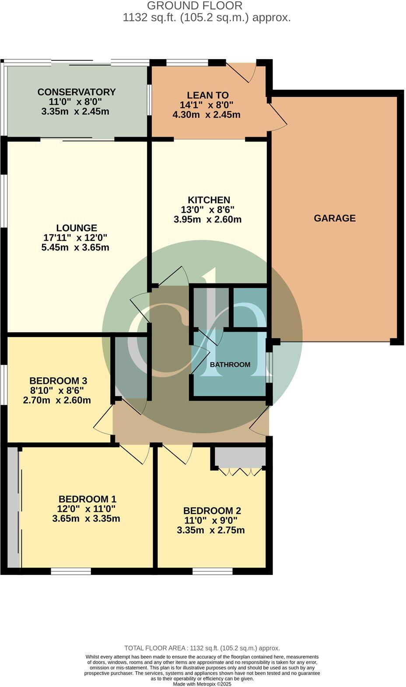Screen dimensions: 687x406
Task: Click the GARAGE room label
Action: pos(335,218)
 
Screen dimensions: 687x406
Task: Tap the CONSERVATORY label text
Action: pos(77,92)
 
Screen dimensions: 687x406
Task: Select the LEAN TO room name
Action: pos(207,95)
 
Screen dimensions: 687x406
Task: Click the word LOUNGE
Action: pos(77,228)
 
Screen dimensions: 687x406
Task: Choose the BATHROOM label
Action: pos(230,365)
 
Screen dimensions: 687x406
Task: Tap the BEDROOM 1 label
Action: pos(87,499)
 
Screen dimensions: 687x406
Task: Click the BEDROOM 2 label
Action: pos(212,511)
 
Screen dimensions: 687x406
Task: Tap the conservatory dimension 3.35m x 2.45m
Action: pos(75,112)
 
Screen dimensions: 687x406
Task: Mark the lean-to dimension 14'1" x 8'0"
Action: pos(206,105)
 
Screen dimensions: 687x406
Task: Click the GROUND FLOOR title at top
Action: pos(194,6)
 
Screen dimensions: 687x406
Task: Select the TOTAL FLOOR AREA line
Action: pos(202,648)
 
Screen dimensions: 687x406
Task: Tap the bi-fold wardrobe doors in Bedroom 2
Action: pos(240,472)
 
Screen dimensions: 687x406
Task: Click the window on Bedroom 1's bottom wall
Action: pos(71,571)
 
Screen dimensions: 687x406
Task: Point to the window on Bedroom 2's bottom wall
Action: pos(212,571)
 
